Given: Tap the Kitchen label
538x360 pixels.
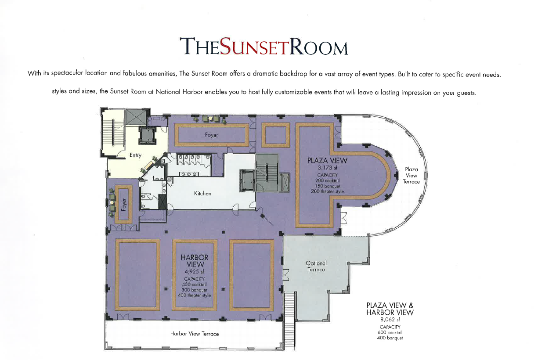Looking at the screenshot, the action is [202, 193].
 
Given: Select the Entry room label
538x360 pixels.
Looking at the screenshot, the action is [135, 155].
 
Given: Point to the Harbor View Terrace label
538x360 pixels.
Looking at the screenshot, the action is [195, 334].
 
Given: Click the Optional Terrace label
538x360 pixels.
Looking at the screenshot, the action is [316, 266].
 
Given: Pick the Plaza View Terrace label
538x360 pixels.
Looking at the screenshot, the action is [412, 176].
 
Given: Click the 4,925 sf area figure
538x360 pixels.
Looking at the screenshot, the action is [194, 272].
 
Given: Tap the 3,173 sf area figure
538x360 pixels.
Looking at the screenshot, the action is [327, 168].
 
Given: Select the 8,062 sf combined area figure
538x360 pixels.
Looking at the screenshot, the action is [390, 320].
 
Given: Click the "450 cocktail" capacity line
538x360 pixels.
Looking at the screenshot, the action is [194, 284].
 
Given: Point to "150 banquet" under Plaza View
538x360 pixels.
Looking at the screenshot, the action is [328, 186].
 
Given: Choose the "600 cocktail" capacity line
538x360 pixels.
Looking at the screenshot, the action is [390, 332].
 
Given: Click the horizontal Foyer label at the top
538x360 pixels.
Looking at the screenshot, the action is [212, 135].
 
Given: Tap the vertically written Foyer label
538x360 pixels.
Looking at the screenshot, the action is [124, 205].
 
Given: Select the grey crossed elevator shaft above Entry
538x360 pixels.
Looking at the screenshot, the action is [136, 117].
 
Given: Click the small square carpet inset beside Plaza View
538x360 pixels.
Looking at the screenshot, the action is [276, 135].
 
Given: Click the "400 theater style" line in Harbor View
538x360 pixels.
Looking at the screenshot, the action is [194, 295].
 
